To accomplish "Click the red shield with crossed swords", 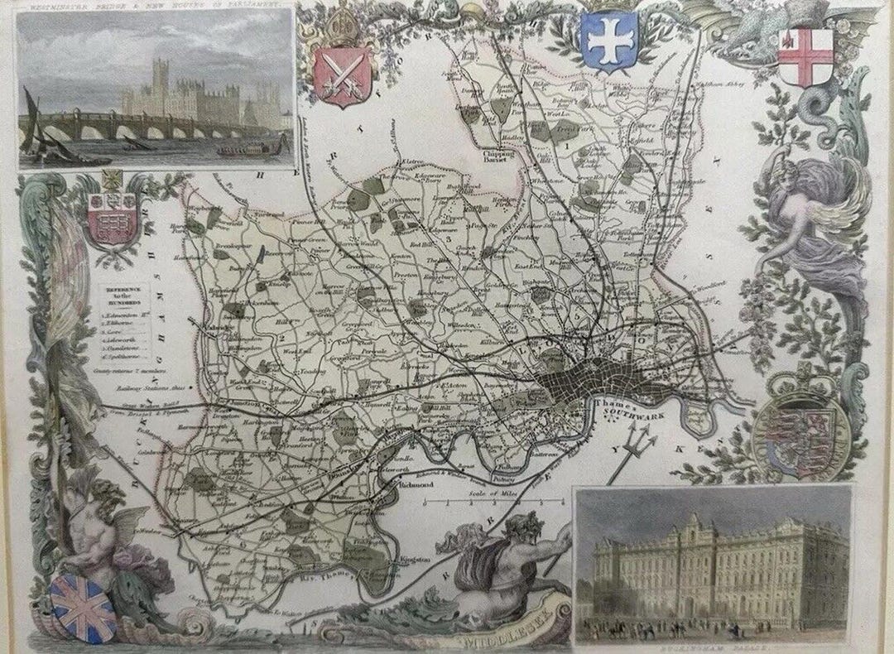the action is [339, 76].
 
